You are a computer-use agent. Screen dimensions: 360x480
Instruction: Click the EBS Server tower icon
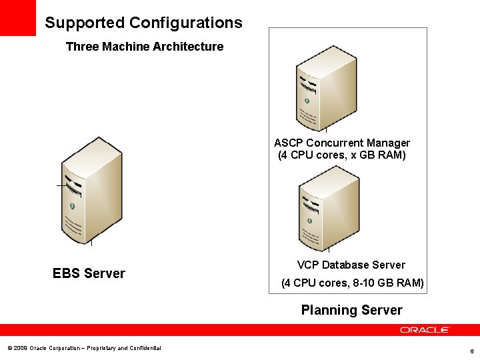point(91,190)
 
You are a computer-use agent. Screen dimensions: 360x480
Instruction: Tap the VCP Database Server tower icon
point(329,208)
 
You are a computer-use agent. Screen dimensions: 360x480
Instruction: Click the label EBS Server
point(89,273)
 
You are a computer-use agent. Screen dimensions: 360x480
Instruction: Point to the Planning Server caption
point(351,310)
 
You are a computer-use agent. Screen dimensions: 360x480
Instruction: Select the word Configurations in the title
point(185,23)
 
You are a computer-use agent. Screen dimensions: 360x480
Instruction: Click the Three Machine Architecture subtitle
point(145,47)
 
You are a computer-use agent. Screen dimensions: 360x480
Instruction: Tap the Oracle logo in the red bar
point(425,330)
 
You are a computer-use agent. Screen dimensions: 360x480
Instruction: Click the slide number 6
point(471,351)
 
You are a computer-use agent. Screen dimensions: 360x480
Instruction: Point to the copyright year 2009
point(19,348)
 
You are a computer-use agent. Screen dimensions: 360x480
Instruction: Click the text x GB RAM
point(375,155)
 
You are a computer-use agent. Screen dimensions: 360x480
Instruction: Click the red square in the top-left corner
point(17,17)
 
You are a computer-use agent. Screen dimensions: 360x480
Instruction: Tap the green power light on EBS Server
point(72,205)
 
